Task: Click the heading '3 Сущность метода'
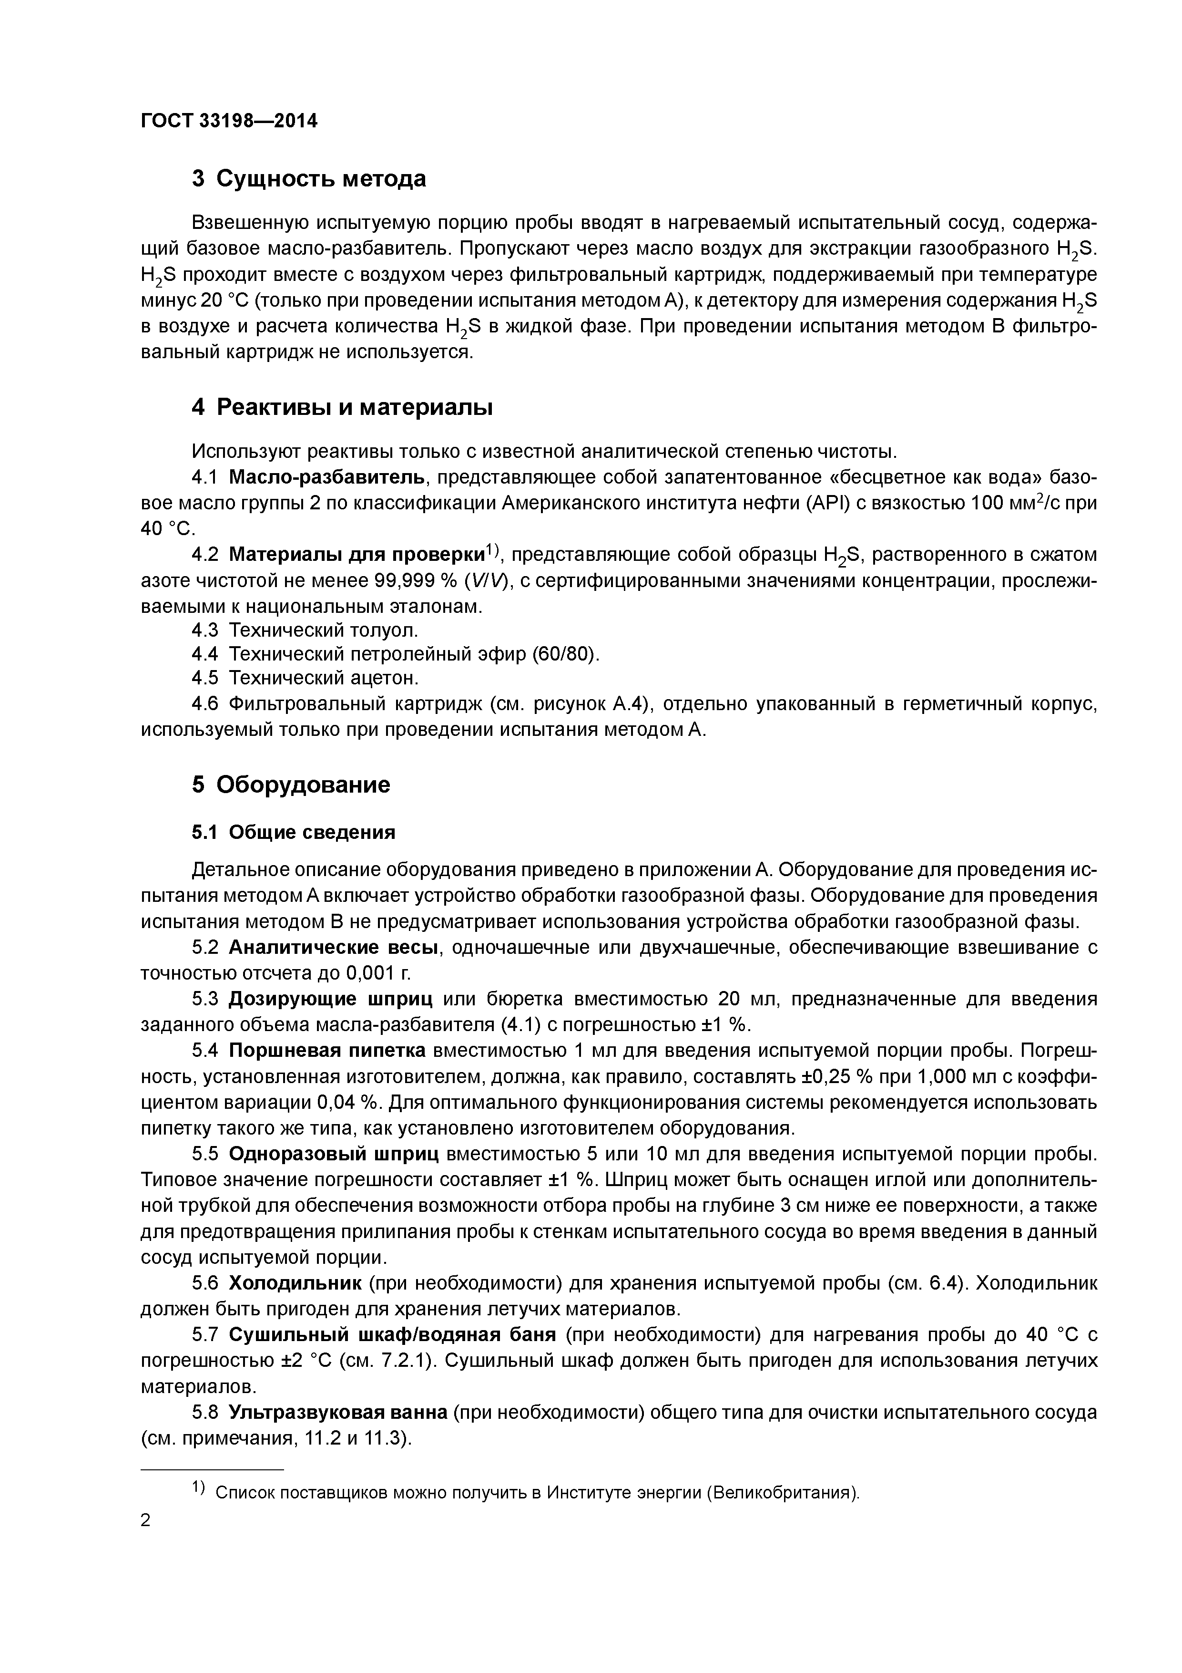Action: tap(309, 178)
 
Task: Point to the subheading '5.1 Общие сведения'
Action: tap(294, 832)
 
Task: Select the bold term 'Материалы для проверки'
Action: tap(357, 555)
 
